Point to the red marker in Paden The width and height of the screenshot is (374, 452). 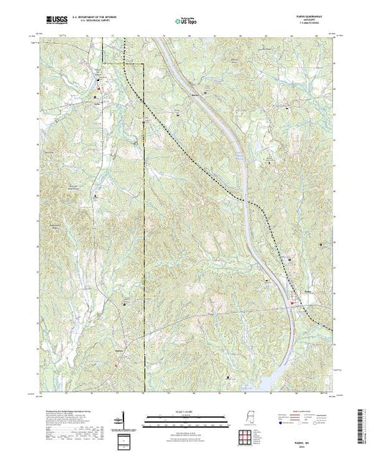coord(294,303)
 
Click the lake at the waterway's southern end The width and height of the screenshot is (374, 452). coord(266,380)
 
